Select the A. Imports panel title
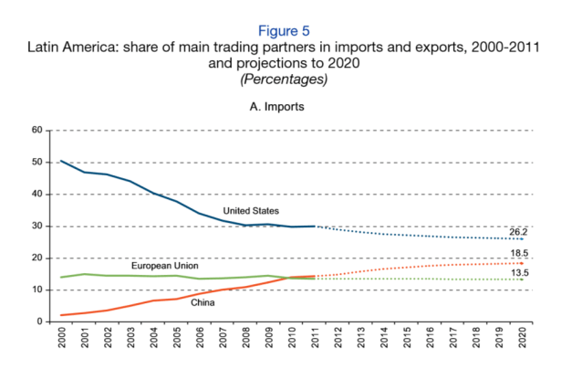coord(290,107)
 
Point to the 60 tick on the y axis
coord(37,130)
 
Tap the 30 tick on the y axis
coord(37,226)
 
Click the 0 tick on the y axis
coord(40,321)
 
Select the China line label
coord(203,302)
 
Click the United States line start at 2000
coord(62,161)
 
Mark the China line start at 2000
coord(62,315)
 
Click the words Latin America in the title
coord(88,47)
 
